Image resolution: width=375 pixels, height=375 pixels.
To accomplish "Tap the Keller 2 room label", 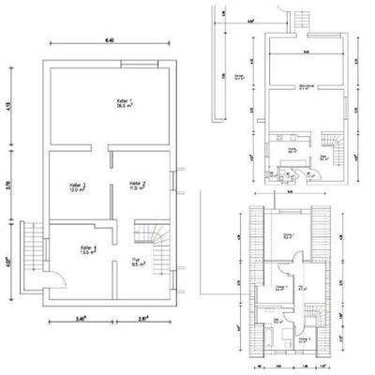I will coord(136,186).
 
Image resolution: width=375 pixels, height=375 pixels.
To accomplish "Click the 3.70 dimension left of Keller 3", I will coord(9,186).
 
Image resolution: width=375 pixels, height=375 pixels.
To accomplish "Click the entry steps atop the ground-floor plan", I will coord(302,20).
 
